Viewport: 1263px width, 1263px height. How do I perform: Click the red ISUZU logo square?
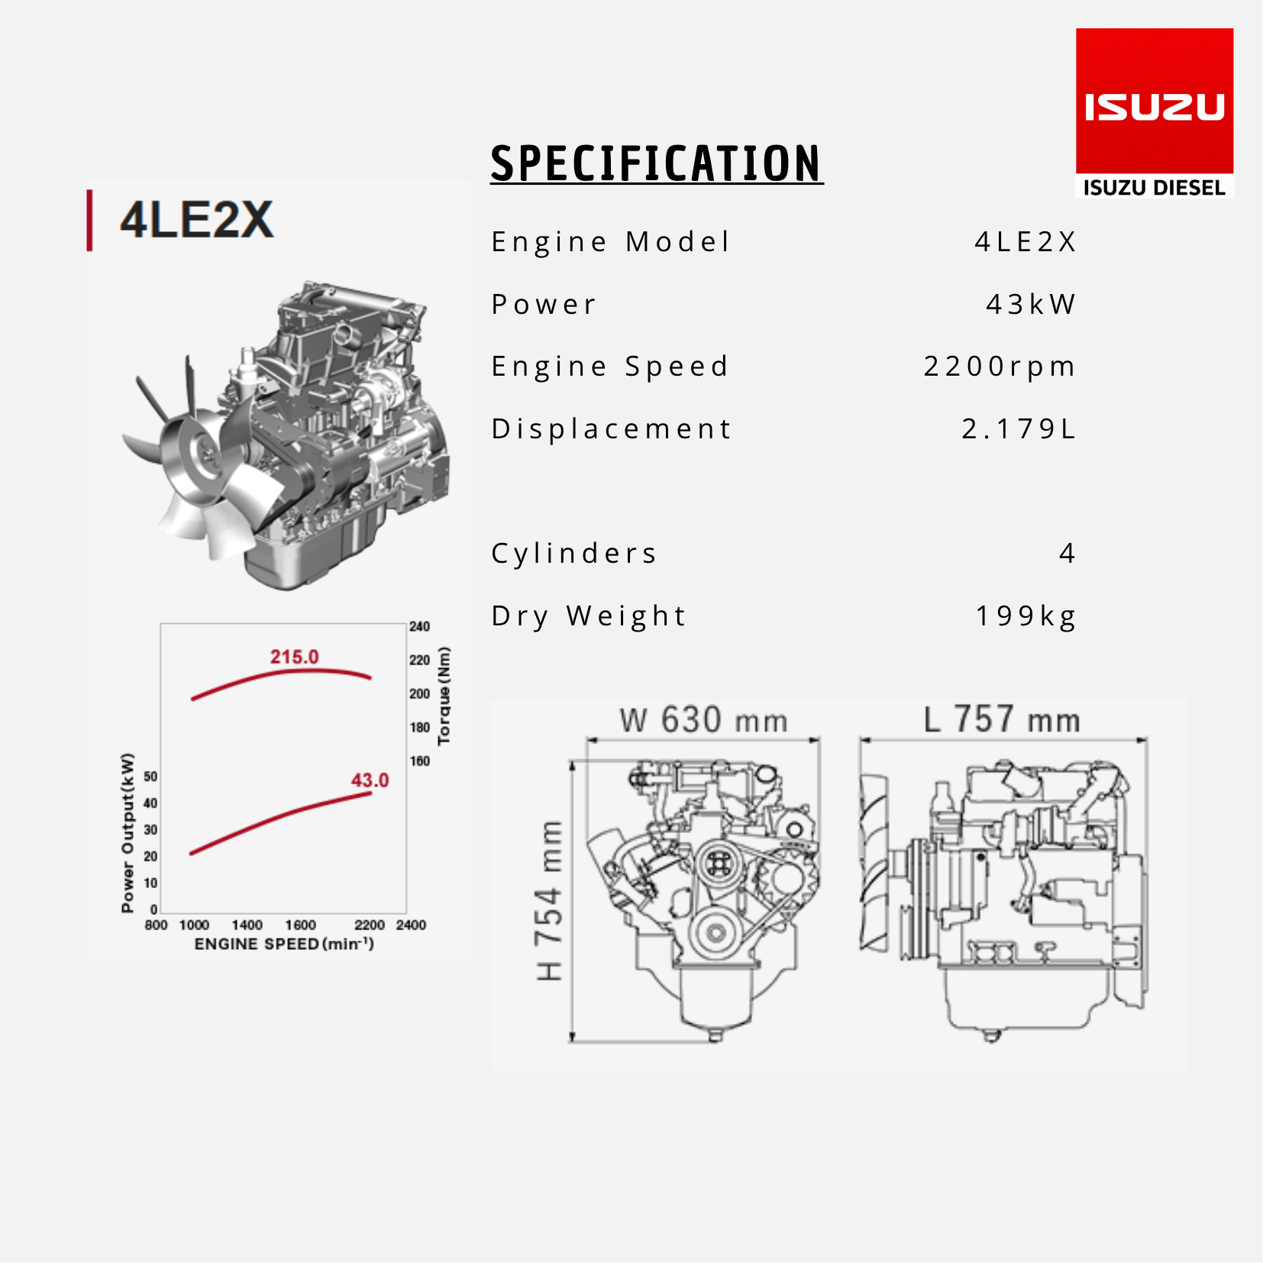pos(1155,101)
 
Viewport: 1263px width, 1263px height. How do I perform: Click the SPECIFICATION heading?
pos(657,163)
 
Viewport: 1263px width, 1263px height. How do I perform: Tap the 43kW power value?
pos(1031,304)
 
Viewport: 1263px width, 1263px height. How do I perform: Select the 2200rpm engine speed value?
pos(1000,367)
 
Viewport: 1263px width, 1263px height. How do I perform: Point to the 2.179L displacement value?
pos(1019,428)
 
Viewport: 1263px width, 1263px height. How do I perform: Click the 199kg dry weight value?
pos(1026,615)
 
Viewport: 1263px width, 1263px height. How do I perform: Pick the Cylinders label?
pos(573,553)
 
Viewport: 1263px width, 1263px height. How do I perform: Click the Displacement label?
pos(611,428)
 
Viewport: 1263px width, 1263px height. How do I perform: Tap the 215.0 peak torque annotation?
pos(294,657)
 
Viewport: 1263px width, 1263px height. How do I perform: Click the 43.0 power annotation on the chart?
pos(370,780)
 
